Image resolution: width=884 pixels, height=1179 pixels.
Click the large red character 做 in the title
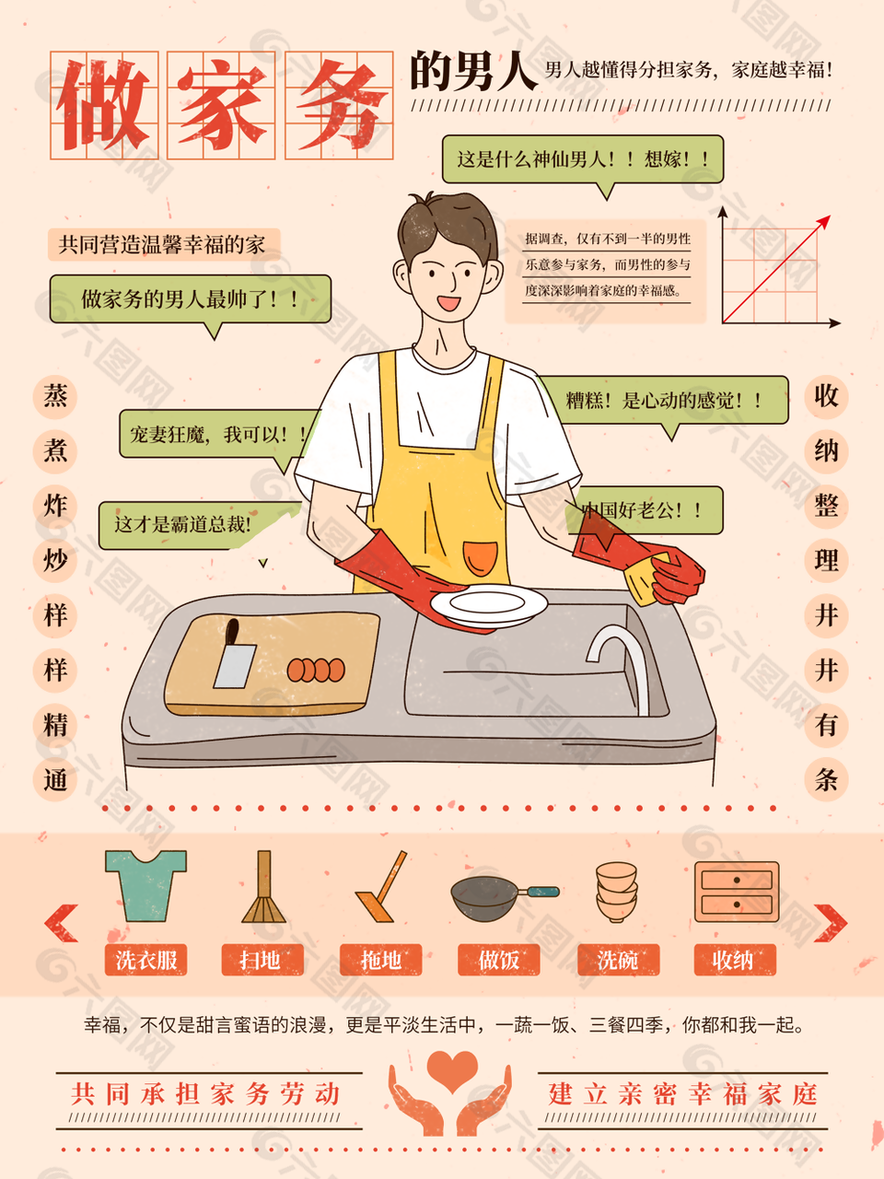103,105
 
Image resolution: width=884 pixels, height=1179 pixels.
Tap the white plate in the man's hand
488,605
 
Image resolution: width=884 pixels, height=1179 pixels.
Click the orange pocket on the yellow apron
480,559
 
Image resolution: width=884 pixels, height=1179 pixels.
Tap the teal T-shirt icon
145,886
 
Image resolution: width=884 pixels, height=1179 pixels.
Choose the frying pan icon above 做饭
505,898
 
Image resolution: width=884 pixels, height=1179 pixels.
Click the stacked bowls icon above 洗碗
617,893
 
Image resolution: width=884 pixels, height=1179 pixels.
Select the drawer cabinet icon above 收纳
737,892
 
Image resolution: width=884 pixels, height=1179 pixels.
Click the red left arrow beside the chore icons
61,923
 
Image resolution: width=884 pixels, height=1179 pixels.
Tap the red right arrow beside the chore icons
831,923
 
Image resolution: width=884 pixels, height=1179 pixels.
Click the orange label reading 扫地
262,959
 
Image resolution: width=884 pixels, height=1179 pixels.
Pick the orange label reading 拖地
380,959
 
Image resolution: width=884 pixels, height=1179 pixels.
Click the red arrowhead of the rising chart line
824,222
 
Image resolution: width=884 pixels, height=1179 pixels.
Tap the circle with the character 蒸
55,397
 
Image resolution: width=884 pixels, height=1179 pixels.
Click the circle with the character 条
826,779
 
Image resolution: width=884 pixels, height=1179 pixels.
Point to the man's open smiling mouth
448,303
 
